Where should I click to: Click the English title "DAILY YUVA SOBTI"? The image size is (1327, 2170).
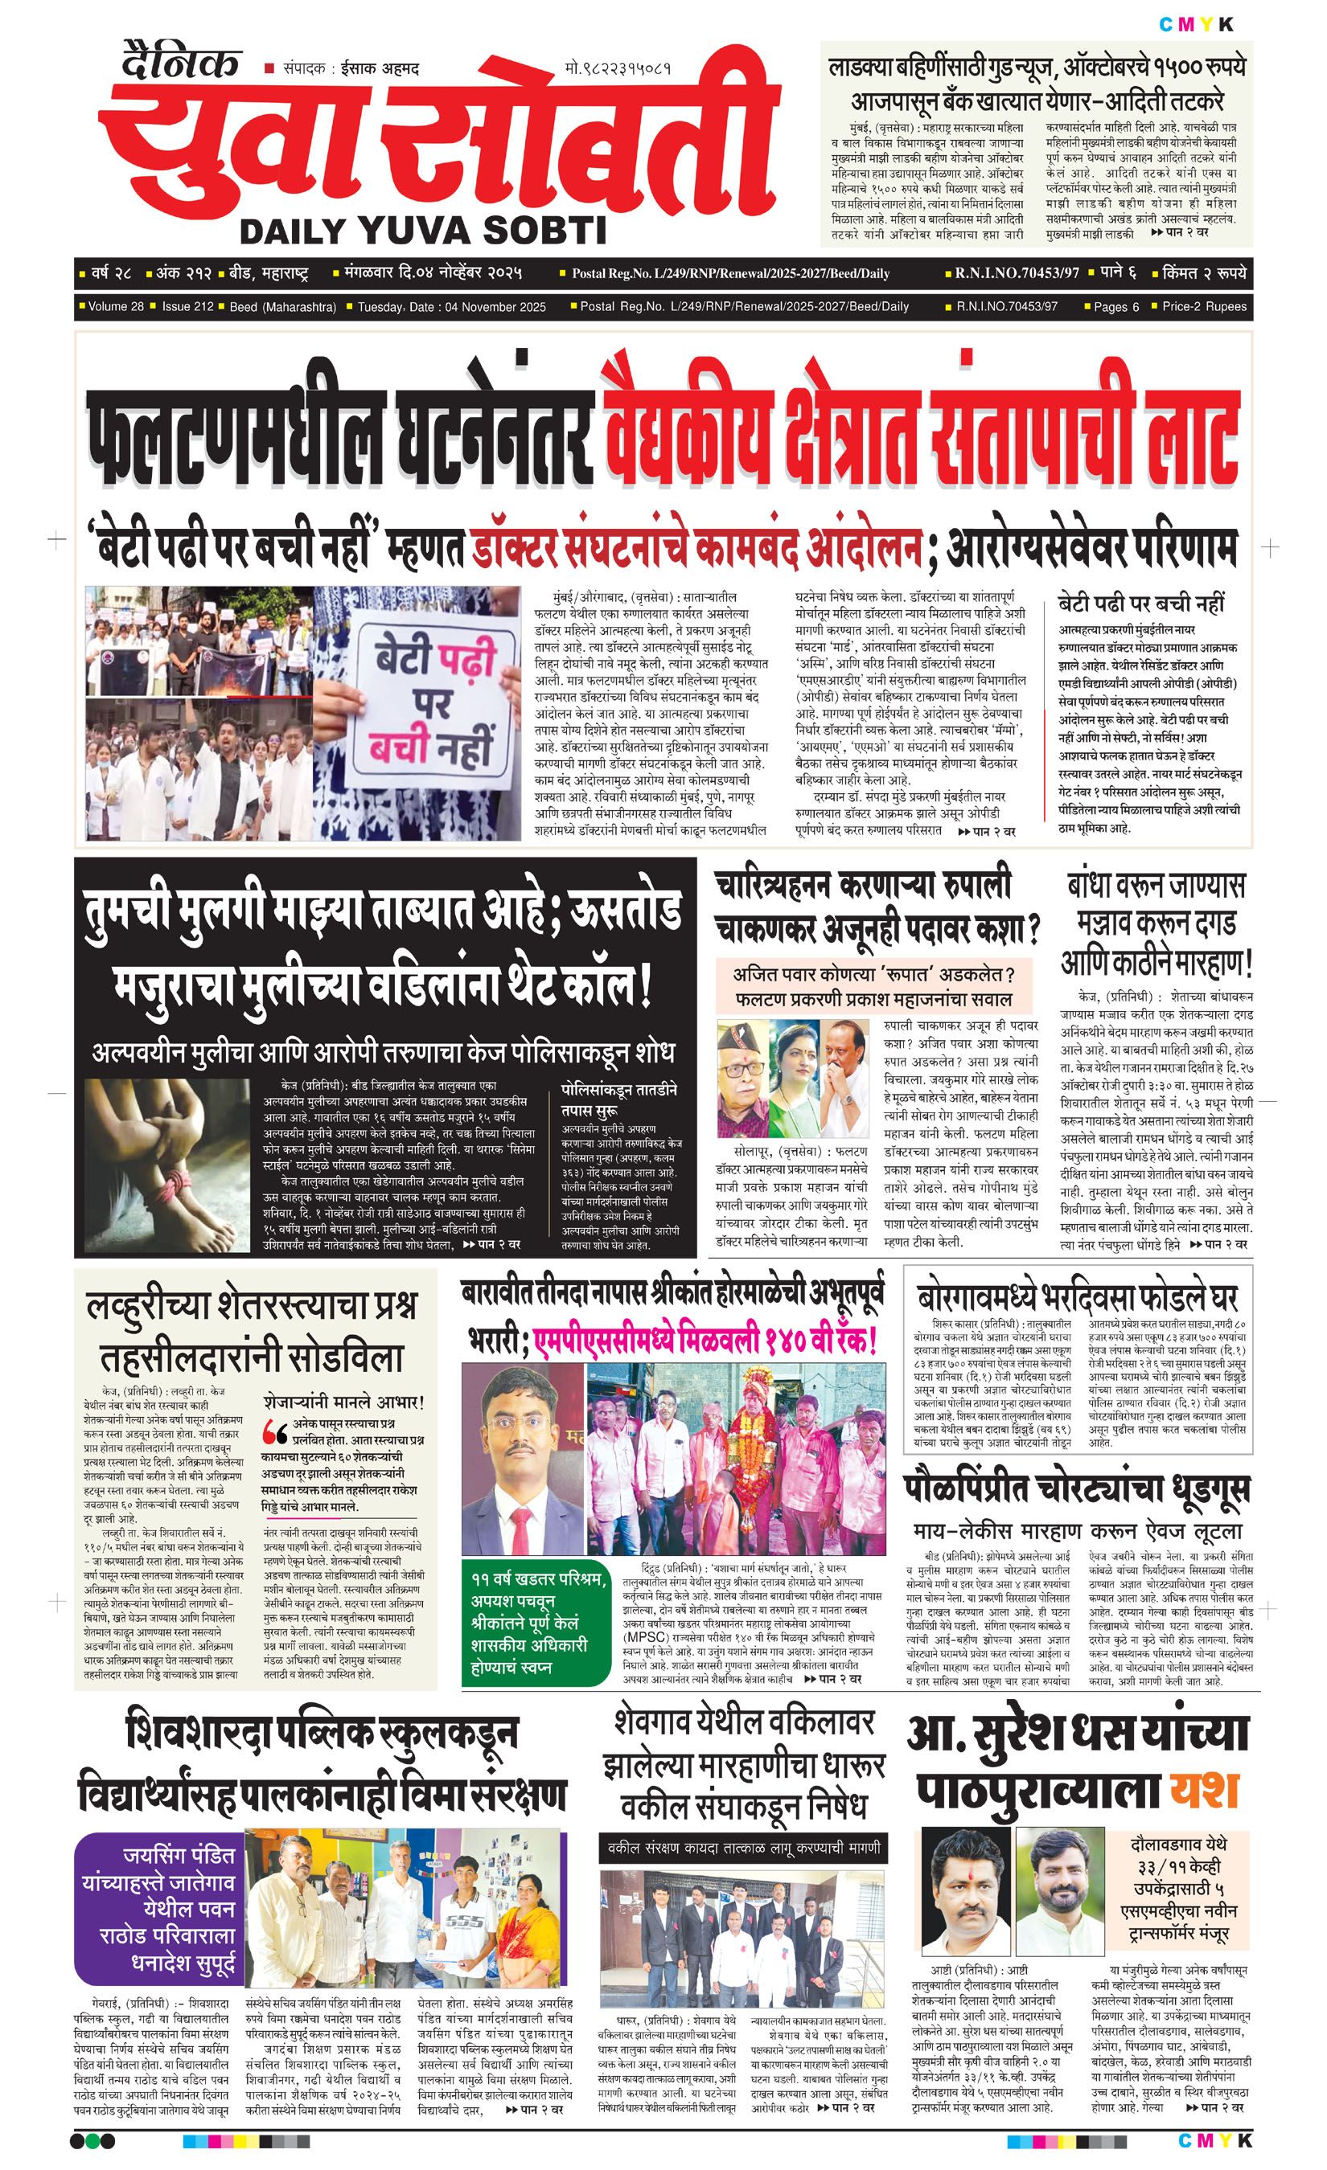pos(423,231)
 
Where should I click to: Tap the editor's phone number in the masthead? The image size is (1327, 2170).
pos(618,68)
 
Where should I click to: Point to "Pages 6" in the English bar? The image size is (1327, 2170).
pos(1116,306)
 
